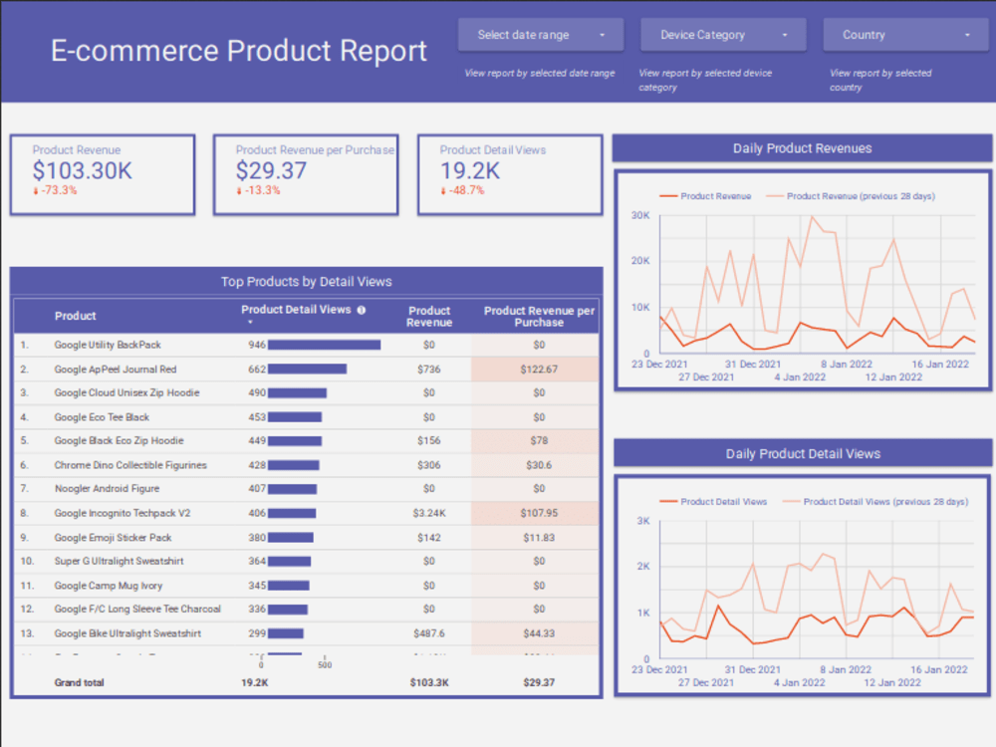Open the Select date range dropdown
coord(541,35)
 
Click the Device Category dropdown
coord(722,35)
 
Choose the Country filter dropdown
coord(904,35)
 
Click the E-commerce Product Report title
coord(239,51)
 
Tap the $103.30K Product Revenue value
coord(82,170)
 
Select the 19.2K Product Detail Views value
coord(470,170)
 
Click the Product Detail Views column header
coord(296,310)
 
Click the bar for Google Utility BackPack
coord(325,345)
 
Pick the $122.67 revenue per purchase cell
coord(539,369)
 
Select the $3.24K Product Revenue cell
coord(428,513)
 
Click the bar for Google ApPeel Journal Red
coord(308,369)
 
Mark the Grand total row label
coord(79,683)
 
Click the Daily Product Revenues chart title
coord(802,148)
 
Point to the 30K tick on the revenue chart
coord(640,215)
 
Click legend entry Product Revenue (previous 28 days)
coord(860,196)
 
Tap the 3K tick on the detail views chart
coord(642,521)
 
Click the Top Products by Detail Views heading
coord(306,282)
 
